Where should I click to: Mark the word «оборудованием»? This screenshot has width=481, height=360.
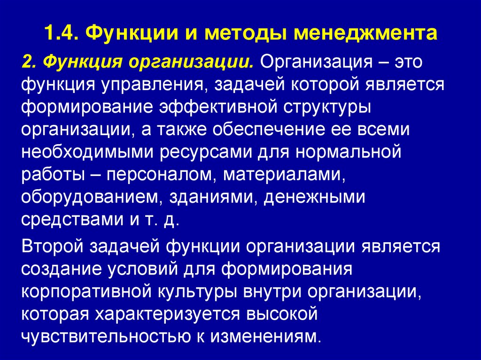pyautogui.click(x=90, y=197)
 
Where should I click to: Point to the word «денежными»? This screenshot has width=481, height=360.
pyautogui.click(x=313, y=197)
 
